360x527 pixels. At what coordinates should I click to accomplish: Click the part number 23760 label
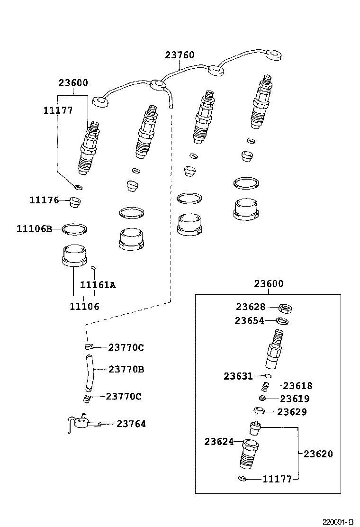coord(180,55)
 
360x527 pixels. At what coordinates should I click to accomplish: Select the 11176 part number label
coord(44,200)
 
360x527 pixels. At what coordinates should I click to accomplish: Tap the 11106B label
coord(34,229)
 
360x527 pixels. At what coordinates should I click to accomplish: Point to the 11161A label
coord(98,285)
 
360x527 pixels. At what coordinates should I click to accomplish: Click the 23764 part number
coord(131,424)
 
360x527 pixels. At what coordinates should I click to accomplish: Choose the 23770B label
coord(126,369)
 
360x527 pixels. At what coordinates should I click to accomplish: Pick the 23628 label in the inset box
coord(251,307)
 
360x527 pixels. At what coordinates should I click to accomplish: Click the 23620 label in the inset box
coord(318,454)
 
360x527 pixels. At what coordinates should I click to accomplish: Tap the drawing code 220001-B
coord(338,522)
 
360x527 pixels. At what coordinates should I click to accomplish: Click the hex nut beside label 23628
coord(285,308)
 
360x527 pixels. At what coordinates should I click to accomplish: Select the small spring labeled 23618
coord(266,387)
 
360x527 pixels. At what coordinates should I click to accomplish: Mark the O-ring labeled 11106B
coord(74,229)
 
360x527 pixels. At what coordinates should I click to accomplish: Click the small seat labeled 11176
coord(74,202)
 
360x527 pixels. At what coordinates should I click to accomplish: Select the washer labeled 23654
coord(282,321)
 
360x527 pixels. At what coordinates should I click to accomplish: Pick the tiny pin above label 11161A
coord(94,267)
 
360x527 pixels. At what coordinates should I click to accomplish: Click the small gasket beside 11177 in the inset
coord(242,478)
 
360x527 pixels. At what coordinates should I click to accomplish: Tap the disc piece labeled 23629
coord(259,411)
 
